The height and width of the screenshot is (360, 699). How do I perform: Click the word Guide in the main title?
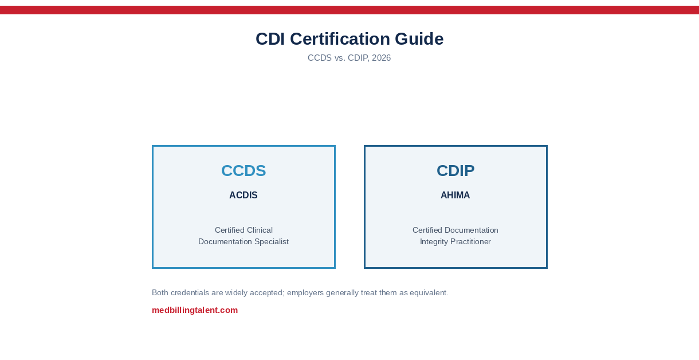[x=419, y=39]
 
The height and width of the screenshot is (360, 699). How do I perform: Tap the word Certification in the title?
[x=340, y=39]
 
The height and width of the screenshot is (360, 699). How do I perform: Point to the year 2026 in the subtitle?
[x=382, y=58]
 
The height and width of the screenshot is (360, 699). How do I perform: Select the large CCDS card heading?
[x=244, y=171]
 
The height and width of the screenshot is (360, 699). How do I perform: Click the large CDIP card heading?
[x=455, y=171]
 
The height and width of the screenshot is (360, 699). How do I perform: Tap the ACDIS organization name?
[x=244, y=195]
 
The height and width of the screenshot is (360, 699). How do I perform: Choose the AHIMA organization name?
[x=455, y=195]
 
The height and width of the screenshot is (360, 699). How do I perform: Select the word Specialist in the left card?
[x=272, y=242]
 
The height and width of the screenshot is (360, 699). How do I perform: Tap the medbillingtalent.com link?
[x=195, y=310]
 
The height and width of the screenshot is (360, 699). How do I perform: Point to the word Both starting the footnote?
[x=160, y=292]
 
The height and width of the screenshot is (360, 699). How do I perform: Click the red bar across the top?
[x=349, y=10]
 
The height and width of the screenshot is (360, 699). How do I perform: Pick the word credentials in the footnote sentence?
[x=190, y=292]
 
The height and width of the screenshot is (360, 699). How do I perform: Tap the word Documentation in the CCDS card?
[x=225, y=242]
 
